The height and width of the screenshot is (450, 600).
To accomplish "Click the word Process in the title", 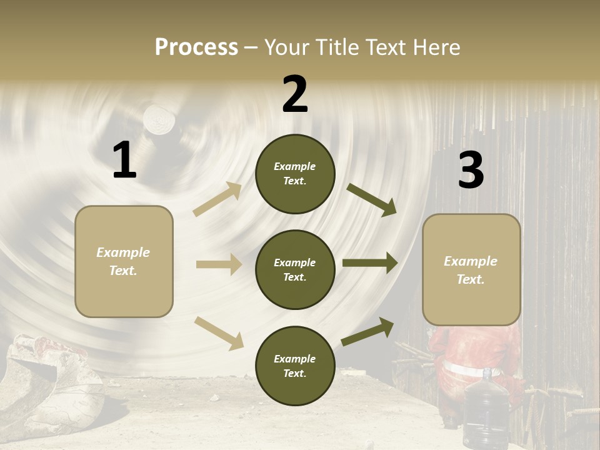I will point(196,47).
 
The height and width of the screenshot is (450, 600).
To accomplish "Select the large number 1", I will point(124,161).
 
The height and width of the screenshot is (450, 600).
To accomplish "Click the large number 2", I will point(295,94).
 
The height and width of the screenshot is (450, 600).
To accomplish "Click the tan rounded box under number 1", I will point(124,261).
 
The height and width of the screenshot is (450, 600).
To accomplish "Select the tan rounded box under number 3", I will point(471,269).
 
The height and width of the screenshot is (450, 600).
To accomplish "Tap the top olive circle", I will point(295,173).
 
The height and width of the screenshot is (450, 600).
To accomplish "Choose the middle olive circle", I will point(295,269).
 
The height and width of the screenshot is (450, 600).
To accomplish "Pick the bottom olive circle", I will point(295,366).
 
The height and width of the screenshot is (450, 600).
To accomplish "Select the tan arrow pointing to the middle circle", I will point(219,264).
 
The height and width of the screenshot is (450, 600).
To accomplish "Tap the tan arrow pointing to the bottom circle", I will point(219,333).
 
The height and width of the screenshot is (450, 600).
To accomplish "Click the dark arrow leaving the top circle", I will point(371,199).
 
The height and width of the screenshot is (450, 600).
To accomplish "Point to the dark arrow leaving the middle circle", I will point(370,263).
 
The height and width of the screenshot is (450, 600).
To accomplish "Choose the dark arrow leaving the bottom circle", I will point(368,332).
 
